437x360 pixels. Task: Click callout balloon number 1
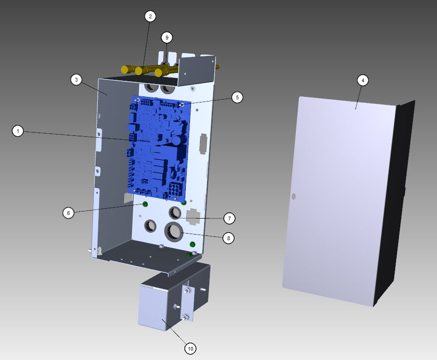pos(18,131)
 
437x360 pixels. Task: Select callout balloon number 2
pos(150,16)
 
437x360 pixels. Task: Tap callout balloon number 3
pos(76,80)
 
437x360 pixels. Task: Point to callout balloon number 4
pos(363,80)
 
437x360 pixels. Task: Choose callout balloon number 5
pos(237,97)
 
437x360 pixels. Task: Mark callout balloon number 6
pos(68,213)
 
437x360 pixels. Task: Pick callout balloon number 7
pos(230,218)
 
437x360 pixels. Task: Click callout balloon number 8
pos(229,238)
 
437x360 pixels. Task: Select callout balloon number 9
pos(167,38)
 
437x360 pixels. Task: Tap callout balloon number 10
pos(191,349)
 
